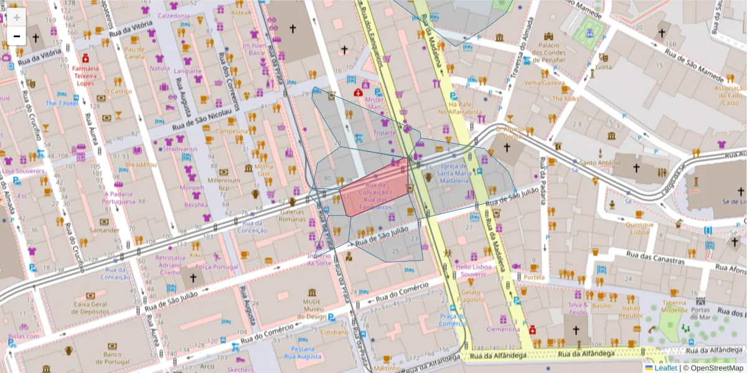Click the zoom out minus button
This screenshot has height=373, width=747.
pos(16,36)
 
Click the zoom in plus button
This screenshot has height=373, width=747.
pos(16,17)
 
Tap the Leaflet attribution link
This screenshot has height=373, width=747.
pos(665,368)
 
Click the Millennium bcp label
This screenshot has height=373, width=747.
pos(223,184)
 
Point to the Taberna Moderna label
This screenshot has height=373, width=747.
pos(674,306)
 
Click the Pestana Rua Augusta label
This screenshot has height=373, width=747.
pos(303,353)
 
